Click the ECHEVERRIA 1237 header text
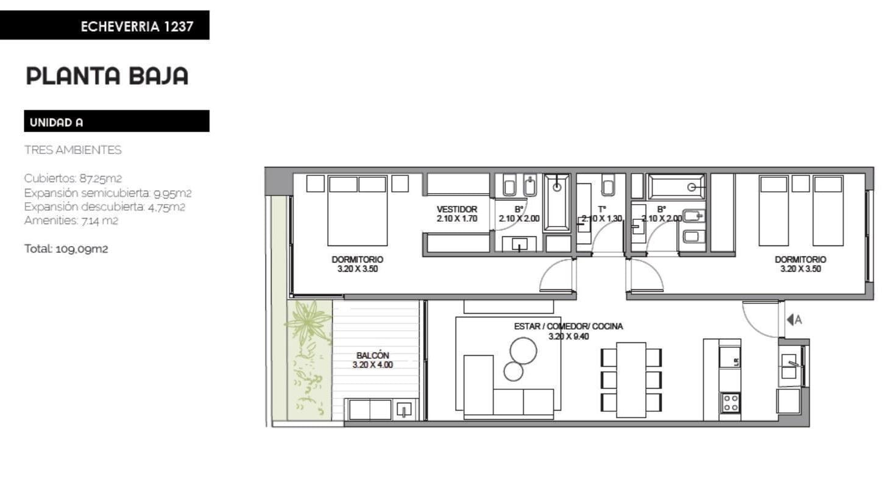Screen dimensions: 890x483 (x=137, y=26)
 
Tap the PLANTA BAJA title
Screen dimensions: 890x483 (x=107, y=76)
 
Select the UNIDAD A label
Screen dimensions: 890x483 (x=57, y=122)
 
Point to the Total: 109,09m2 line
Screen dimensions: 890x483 (x=66, y=249)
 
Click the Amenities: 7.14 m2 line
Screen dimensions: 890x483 (x=71, y=220)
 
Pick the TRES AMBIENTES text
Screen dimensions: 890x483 (x=72, y=150)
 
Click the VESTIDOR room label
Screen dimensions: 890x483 (x=457, y=209)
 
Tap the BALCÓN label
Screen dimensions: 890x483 (x=373, y=355)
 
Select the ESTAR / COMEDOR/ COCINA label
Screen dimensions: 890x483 (x=568, y=326)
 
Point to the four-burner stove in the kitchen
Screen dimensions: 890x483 (x=730, y=403)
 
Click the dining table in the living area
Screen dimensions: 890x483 (x=631, y=379)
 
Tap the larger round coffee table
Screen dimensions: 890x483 (x=523, y=351)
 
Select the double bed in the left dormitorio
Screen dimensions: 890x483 (x=357, y=211)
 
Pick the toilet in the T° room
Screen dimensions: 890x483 (x=608, y=185)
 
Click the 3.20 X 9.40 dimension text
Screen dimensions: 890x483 (x=568, y=336)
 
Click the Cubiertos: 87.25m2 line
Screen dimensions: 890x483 (x=72, y=178)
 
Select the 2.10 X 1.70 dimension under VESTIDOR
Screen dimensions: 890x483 (x=457, y=219)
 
